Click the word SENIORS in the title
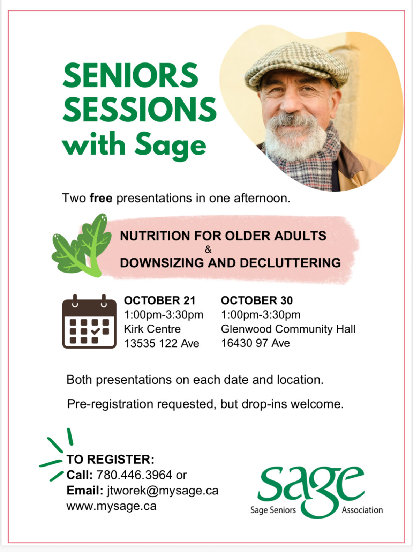(x=130, y=75)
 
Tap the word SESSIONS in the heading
(x=140, y=110)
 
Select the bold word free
(x=101, y=198)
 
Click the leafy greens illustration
(x=81, y=245)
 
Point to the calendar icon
(x=89, y=321)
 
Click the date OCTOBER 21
(x=160, y=300)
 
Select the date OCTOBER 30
(x=257, y=300)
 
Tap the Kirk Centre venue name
(x=152, y=329)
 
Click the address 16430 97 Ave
(x=255, y=343)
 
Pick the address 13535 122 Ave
(x=162, y=343)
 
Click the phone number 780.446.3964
(x=134, y=475)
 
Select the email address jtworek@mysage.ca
(x=163, y=491)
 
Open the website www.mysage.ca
(x=111, y=506)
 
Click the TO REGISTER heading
(x=110, y=459)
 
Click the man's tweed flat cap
(x=297, y=66)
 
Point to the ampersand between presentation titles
(x=208, y=249)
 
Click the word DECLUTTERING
(x=290, y=263)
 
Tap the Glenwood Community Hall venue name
(x=288, y=329)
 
